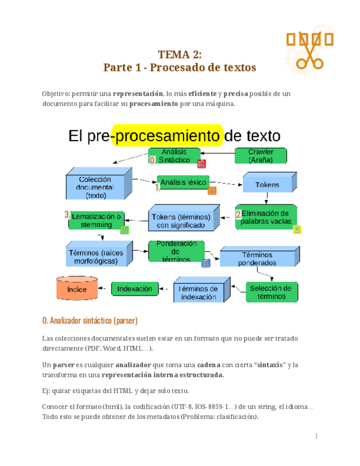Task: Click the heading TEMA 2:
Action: (180, 54)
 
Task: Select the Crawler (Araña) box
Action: (261, 156)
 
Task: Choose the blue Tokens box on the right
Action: (267, 185)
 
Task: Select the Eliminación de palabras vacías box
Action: (266, 217)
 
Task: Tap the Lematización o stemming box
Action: (96, 220)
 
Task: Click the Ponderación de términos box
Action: (177, 251)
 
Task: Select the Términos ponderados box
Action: (257, 259)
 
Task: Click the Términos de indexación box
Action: (199, 292)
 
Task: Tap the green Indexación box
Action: (135, 289)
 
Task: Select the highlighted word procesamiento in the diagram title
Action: (167, 135)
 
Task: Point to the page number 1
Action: (317, 436)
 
